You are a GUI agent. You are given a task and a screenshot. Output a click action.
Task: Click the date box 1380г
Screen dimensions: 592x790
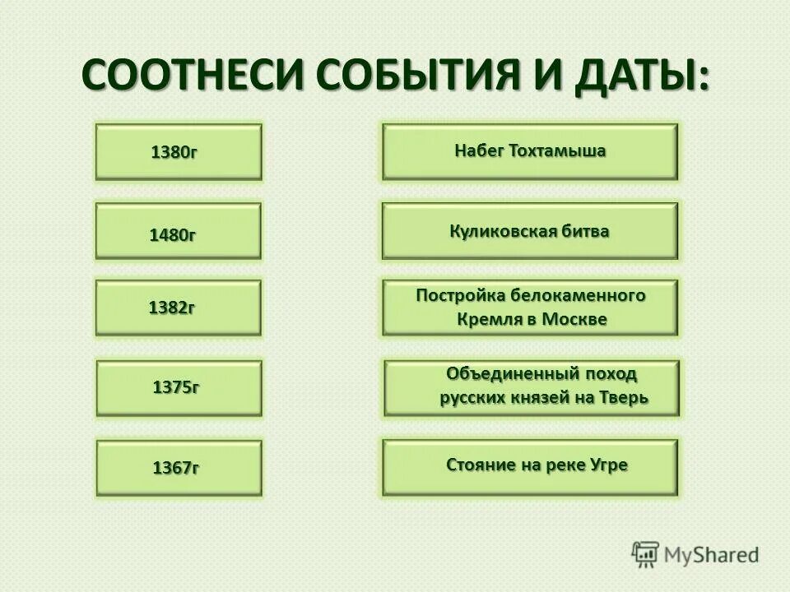179,152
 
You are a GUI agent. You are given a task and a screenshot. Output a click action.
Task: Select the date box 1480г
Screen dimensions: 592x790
179,232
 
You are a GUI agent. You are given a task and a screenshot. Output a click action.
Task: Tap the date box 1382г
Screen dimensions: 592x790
179,308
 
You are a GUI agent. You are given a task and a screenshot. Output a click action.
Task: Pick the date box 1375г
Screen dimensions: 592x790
179,387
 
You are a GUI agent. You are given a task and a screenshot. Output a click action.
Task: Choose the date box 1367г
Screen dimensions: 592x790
179,468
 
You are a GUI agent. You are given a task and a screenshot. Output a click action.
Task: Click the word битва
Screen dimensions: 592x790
583,231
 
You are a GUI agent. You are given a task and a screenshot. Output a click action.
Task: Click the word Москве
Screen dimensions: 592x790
575,319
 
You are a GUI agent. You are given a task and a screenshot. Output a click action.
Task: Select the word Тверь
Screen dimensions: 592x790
625,398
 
